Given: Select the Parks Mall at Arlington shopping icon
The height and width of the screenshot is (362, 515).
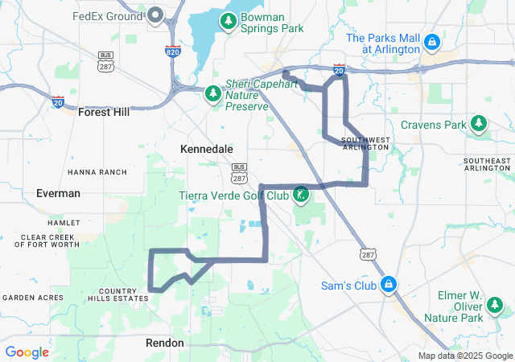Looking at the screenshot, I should (432, 40).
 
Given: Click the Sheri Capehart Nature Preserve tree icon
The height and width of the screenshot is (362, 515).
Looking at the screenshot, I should (212, 94).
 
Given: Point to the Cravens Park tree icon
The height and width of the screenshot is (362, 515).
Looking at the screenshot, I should (480, 123).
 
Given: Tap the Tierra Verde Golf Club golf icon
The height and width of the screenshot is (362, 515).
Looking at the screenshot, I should (300, 195).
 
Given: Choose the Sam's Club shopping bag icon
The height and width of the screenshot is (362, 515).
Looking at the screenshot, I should (389, 284).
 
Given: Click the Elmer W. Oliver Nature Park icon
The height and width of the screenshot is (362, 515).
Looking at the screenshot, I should (494, 306).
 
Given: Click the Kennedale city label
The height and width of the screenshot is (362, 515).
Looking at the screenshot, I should (207, 150).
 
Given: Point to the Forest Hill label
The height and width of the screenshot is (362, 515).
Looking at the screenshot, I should (104, 113).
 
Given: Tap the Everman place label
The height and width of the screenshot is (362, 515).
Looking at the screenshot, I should (59, 193).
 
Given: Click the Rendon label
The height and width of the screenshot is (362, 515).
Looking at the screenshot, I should (165, 343).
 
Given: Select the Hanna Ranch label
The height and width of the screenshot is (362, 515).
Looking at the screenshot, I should (97, 172).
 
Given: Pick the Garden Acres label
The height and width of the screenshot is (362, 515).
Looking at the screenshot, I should (32, 298).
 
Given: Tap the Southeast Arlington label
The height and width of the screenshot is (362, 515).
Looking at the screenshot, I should (487, 164).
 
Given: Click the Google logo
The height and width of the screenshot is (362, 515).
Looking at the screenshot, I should (27, 352).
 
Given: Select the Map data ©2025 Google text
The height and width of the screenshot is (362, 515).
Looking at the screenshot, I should (465, 356).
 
